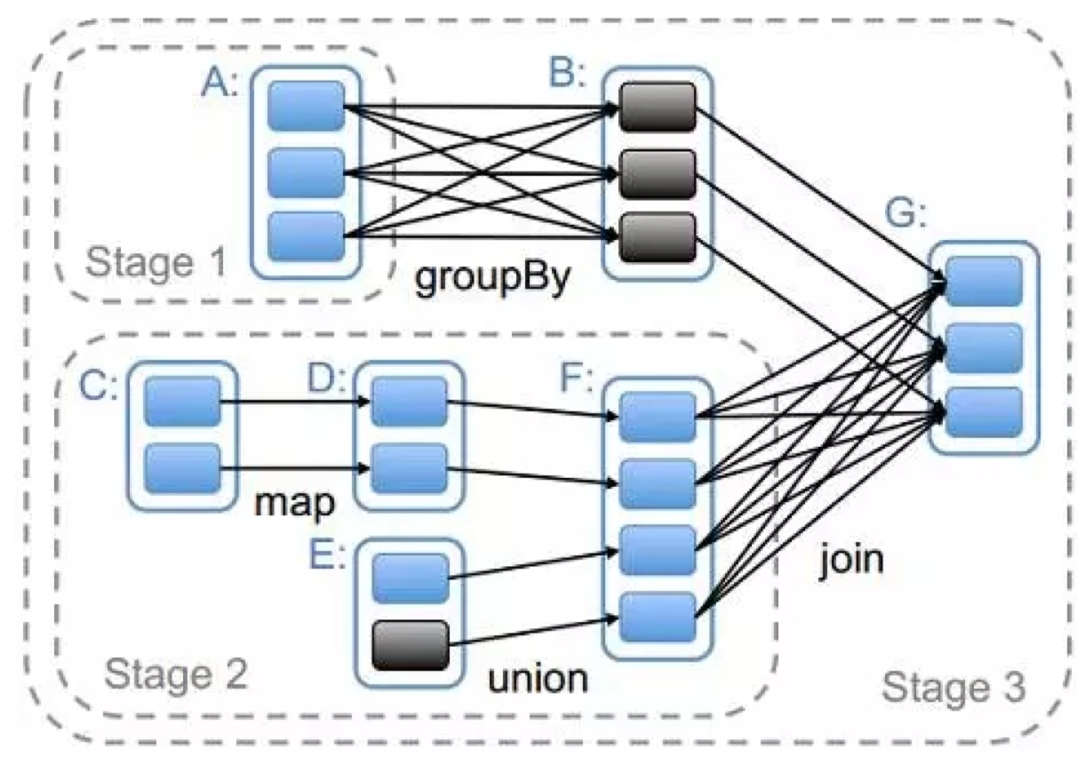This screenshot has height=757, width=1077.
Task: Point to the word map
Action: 295,503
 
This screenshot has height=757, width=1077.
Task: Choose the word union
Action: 538,679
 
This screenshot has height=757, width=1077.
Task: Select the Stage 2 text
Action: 176,674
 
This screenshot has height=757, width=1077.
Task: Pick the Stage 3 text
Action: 953,685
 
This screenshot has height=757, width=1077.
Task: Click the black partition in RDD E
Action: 411,644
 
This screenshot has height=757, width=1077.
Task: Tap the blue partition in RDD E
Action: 411,578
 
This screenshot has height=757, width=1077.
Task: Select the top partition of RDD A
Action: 306,107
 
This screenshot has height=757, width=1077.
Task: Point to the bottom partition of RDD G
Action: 984,412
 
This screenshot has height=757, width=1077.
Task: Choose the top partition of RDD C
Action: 182,401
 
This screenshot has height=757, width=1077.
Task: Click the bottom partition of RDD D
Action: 409,468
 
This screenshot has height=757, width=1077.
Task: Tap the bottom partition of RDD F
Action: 658,617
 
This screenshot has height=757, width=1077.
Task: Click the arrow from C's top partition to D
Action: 293,402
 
